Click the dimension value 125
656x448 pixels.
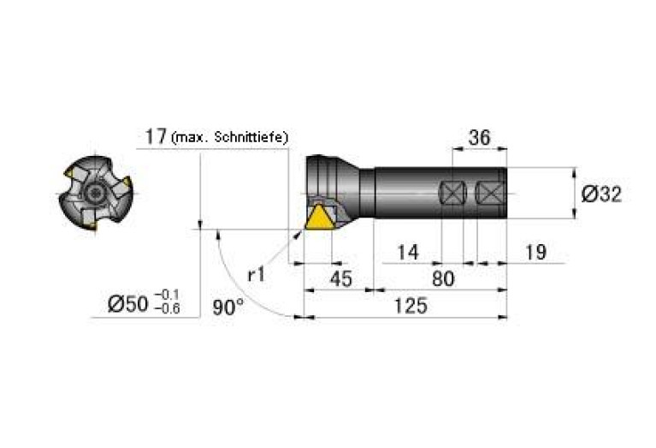point(411,306)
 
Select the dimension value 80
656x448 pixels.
point(443,278)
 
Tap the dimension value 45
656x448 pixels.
point(341,279)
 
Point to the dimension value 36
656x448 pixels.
point(479,137)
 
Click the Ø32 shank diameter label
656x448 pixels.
point(601,194)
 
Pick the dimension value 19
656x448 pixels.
point(535,253)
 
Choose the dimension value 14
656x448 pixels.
point(407,253)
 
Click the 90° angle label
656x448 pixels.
point(228,308)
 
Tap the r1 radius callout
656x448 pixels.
point(257,275)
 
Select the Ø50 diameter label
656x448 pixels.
point(127,304)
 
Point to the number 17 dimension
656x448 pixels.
point(156,136)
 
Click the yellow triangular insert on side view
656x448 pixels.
point(319,218)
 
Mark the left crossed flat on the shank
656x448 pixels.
point(453,194)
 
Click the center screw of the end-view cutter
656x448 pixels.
point(95,194)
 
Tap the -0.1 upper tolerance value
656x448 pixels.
point(167,295)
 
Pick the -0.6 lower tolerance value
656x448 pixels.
point(167,309)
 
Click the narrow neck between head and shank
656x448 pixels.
point(367,193)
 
